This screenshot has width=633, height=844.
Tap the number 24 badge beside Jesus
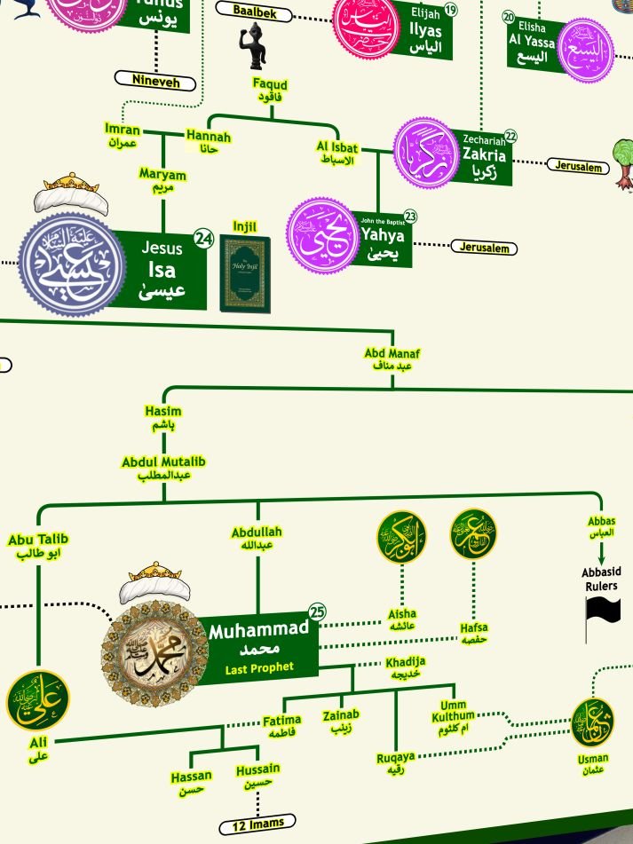click(204, 239)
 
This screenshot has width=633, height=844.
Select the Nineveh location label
click(155, 81)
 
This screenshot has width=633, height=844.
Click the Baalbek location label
click(255, 12)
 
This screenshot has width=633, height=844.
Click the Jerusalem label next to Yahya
click(485, 248)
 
